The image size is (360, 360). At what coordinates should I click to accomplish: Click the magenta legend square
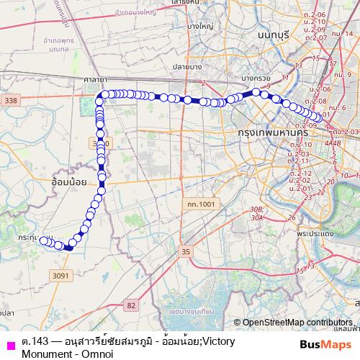pyautogui.click(x=9, y=346)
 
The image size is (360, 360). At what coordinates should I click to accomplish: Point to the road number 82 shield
pyautogui.click(x=130, y=305)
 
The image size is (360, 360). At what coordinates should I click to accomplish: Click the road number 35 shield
pyautogui.click(x=186, y=251)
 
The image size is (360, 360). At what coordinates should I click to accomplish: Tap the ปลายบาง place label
pyautogui.click(x=185, y=66)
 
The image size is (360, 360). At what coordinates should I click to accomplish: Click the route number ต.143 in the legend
pyautogui.click(x=35, y=341)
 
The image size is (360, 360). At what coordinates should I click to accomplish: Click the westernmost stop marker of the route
pyautogui.click(x=42, y=240)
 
